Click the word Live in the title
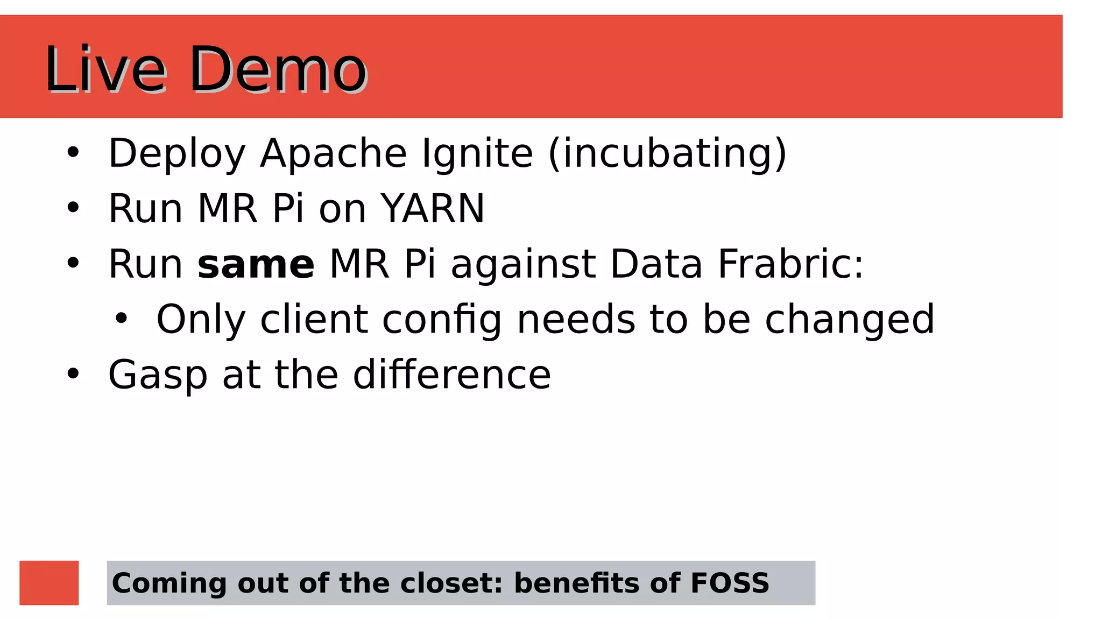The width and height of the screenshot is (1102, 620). coord(105,70)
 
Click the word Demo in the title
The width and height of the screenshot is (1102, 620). coord(278,70)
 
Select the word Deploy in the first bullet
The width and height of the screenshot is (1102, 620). coord(177,154)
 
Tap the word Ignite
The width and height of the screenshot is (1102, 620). coord(477,154)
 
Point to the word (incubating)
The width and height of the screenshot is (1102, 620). coord(668,154)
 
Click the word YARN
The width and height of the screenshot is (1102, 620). coord(433,209)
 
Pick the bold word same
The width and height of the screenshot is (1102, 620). coord(256,265)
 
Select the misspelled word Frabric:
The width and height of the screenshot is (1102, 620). coord(790,265)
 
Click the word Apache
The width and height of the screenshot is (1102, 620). coord(333,154)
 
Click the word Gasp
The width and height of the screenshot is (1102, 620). coord(158,376)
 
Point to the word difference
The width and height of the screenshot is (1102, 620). coord(452,375)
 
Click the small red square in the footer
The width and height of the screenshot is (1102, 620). coord(49,583)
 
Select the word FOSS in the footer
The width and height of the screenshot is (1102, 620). coord(730,583)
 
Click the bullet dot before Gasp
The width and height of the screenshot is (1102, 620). coord(73,374)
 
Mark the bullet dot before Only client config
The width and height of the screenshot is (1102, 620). coord(122,319)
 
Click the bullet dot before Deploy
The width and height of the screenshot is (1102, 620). coord(73,153)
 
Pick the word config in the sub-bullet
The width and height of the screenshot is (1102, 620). coord(442,320)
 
